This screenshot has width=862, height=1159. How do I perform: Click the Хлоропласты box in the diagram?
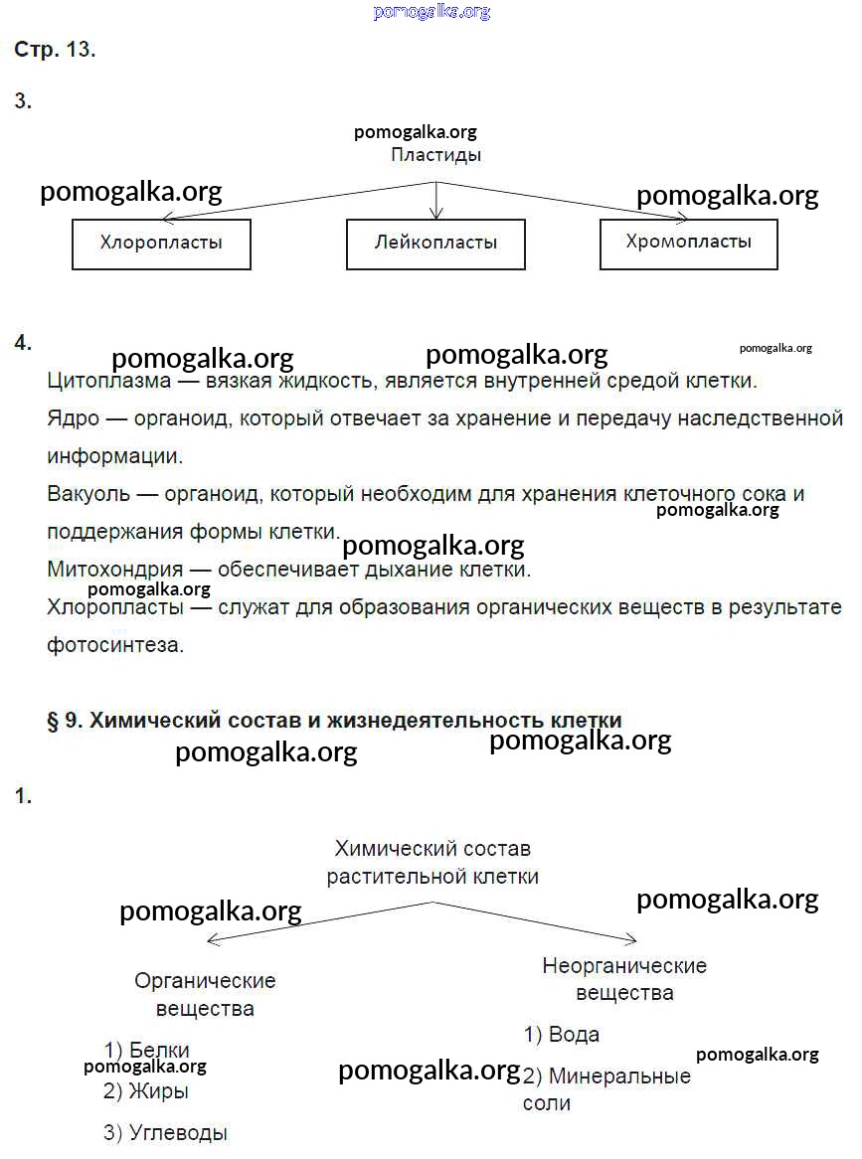[161, 244]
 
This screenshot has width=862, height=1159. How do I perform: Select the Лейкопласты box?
[435, 244]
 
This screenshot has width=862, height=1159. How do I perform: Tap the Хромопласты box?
[689, 244]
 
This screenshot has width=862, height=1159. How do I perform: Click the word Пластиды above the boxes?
[435, 155]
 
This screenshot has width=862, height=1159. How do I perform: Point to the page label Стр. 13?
[55, 51]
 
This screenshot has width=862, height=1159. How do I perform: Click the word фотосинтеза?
[115, 644]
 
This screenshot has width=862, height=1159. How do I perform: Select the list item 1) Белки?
[146, 1050]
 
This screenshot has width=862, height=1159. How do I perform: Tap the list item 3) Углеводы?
[165, 1132]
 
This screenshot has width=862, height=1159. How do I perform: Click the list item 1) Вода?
[562, 1035]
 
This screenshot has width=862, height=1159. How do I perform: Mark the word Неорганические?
[624, 965]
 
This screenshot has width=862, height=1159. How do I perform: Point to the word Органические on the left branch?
[205, 980]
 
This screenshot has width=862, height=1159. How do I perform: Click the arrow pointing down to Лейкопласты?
[435, 204]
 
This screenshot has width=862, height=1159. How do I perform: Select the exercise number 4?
[23, 343]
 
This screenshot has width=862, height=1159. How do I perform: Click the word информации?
[114, 456]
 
